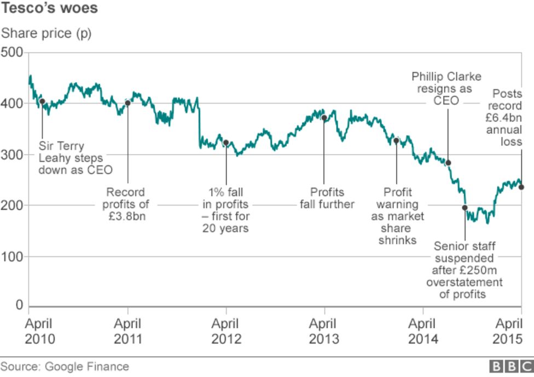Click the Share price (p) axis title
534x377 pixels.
coord(46,33)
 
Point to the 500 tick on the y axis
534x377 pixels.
coord(12,53)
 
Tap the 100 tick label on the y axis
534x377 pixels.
coord(12,256)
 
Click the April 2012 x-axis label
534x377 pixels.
coord(226,331)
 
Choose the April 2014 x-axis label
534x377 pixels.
coord(422,331)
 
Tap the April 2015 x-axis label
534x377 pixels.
coord(509,331)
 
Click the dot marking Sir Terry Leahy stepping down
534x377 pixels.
coord(42,101)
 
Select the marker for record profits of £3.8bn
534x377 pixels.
coord(127,102)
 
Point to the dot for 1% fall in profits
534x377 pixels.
coord(225,142)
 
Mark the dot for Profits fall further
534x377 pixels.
coord(323,117)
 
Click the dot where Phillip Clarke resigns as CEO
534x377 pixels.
coord(448,162)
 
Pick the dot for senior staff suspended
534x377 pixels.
coord(465,208)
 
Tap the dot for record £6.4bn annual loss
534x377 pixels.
coord(521,187)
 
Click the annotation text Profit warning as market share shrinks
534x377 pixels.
coord(397,216)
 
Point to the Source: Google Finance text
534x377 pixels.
coord(65,367)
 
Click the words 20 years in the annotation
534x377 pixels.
coord(225,228)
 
